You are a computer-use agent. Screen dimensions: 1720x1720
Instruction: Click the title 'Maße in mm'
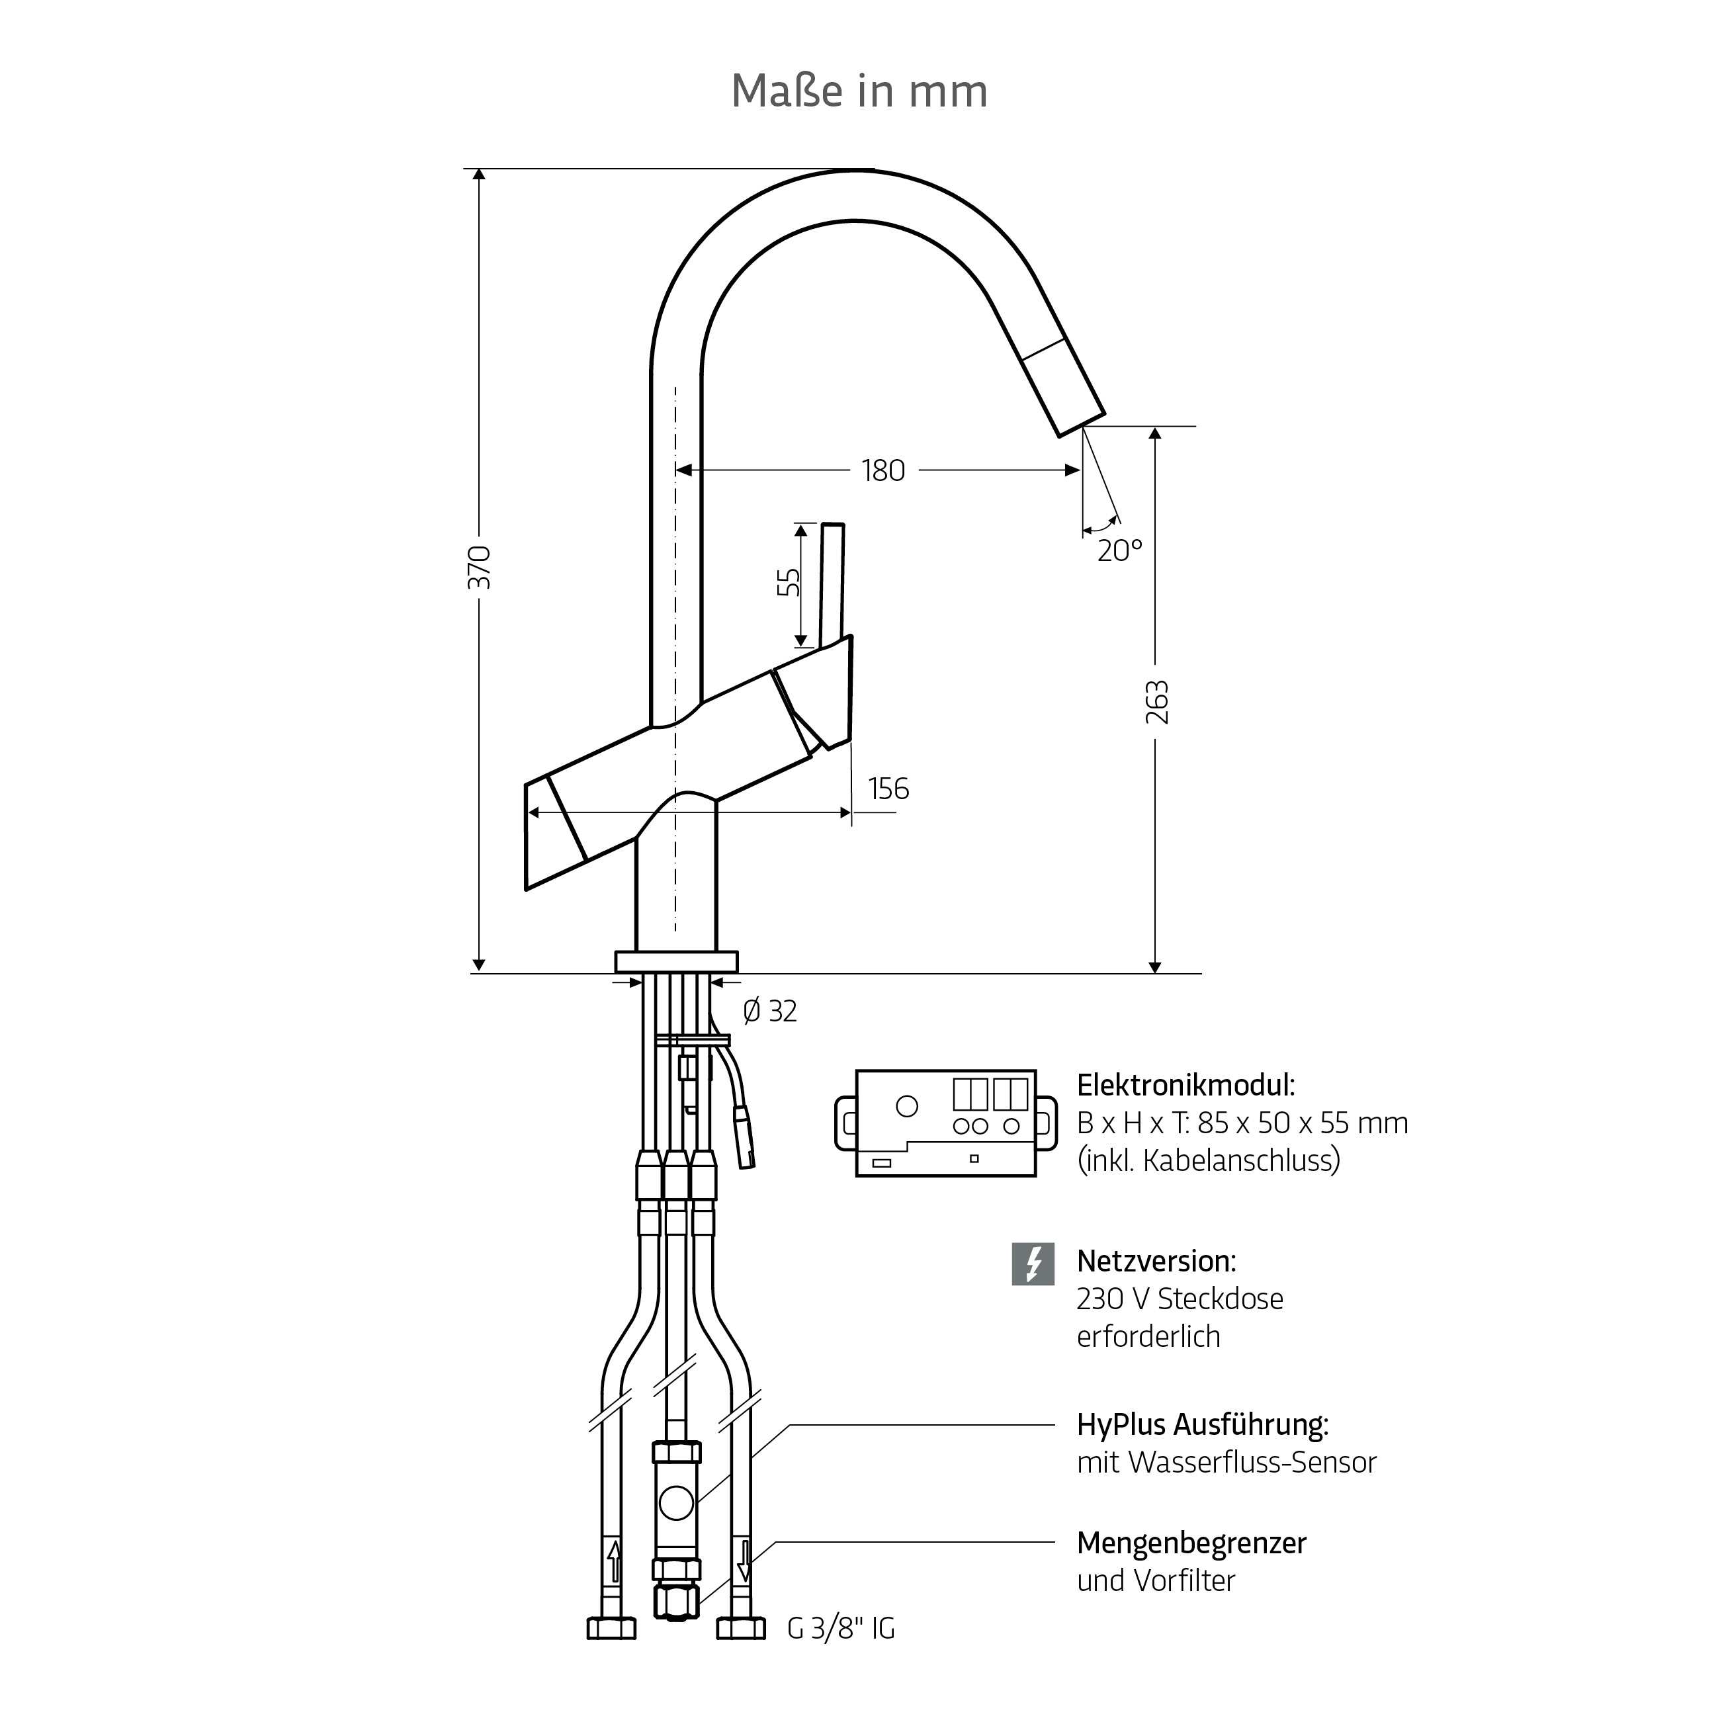(859, 91)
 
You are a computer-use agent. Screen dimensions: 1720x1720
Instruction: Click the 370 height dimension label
(480, 567)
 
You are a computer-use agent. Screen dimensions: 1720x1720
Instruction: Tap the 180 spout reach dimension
(883, 471)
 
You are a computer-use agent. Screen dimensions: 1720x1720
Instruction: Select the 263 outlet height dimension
(1156, 703)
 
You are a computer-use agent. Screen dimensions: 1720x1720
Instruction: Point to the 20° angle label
(1120, 551)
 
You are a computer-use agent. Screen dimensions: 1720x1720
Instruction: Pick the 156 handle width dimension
(888, 789)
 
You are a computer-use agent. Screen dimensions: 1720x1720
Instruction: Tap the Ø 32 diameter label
(770, 1011)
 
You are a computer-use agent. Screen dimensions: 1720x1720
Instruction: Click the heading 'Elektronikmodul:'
(1186, 1085)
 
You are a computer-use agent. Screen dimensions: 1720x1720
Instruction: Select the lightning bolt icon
(1033, 1264)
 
